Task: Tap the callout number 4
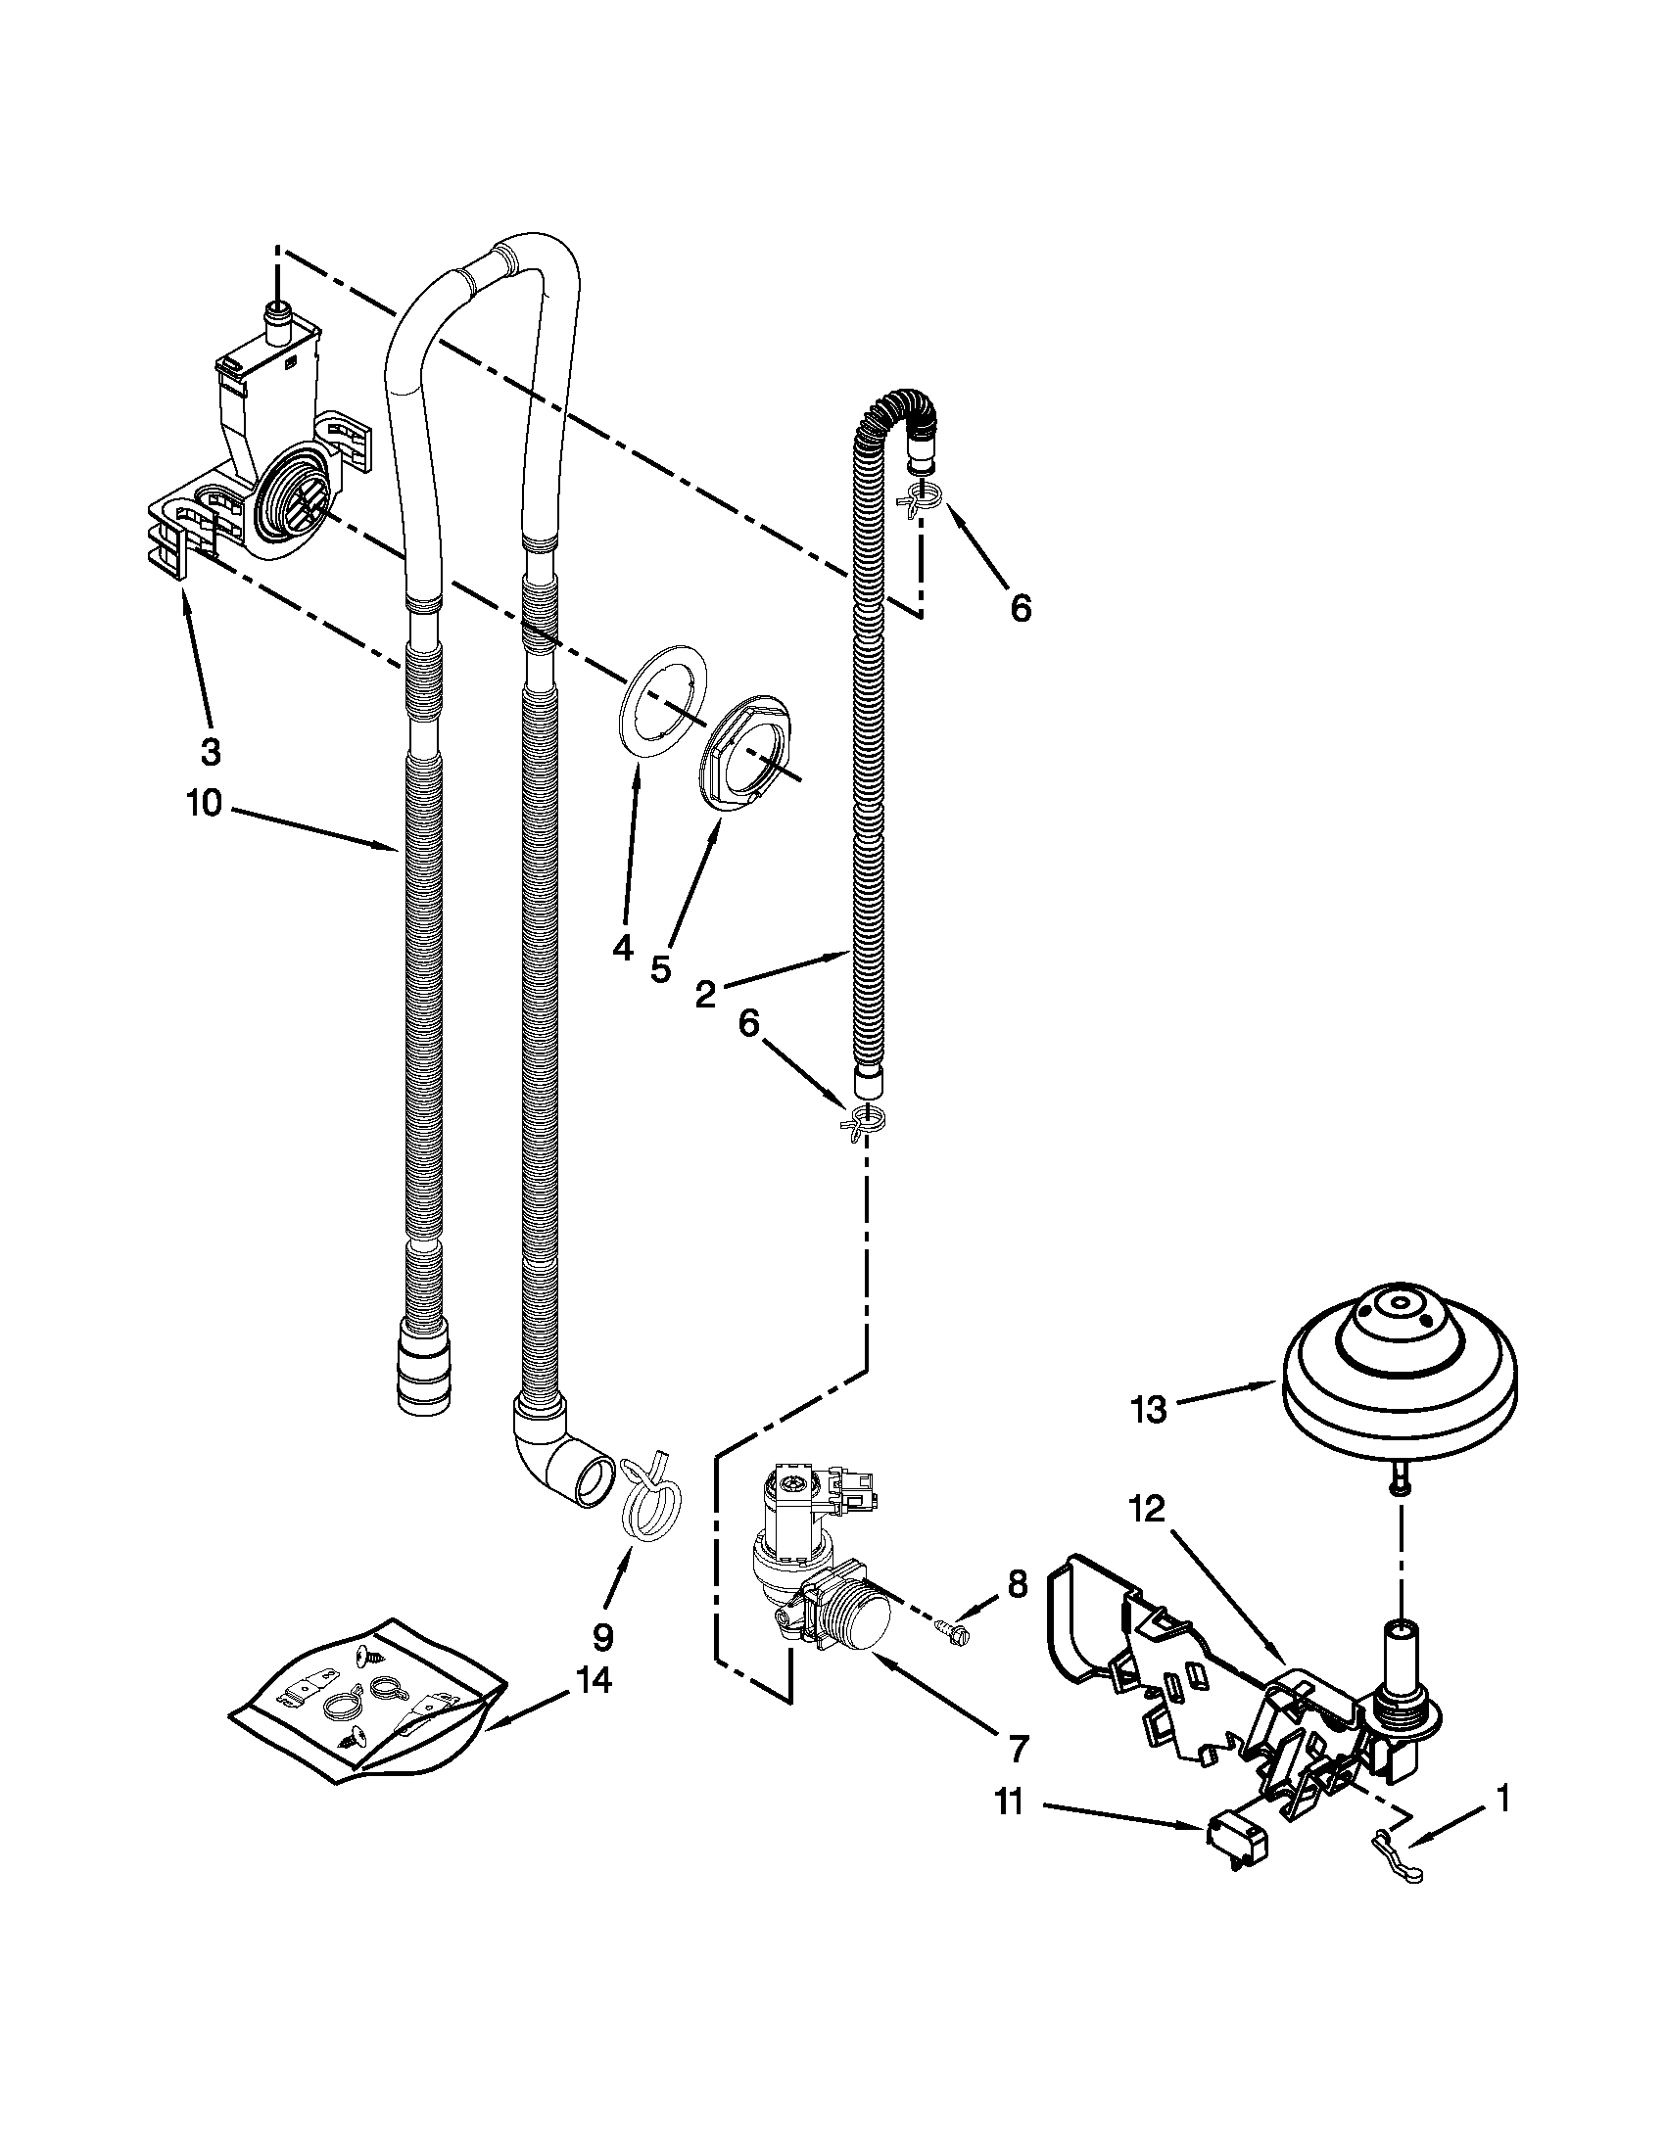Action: pos(621,949)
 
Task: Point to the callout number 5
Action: pos(660,968)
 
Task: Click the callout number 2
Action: pos(704,995)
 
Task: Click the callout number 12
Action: pos(1148,1535)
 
